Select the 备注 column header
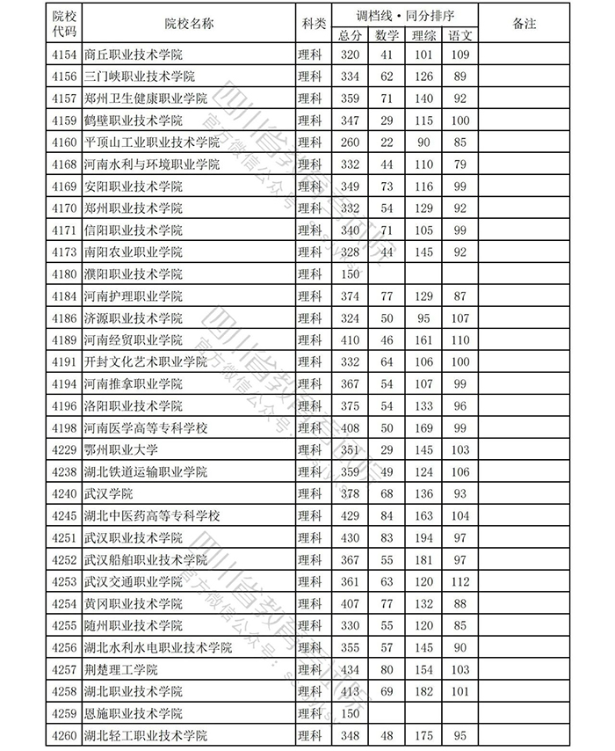[524, 24]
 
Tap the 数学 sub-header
[387, 35]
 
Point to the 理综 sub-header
[424, 35]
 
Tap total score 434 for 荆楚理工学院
[350, 669]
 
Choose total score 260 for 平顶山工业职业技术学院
[350, 142]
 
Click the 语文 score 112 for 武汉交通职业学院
[459, 581]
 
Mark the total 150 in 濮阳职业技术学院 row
[350, 274]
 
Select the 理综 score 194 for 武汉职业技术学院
[424, 537]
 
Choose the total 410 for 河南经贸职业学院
[350, 339]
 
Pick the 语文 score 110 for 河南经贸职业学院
[459, 339]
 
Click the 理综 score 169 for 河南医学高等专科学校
[424, 427]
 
